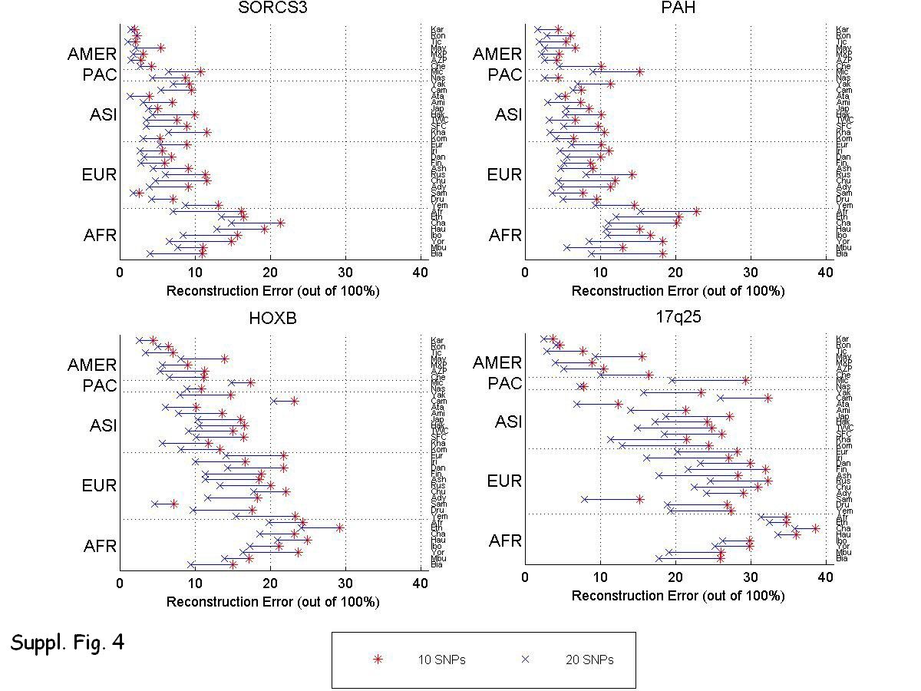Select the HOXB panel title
click(x=270, y=318)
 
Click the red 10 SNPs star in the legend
click(x=377, y=660)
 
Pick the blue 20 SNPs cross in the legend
click(x=526, y=660)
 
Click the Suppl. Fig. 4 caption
click(x=68, y=642)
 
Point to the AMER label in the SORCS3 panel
click(x=92, y=55)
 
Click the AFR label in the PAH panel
click(x=505, y=235)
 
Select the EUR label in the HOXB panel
click(x=99, y=486)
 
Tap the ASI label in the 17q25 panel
click(x=508, y=422)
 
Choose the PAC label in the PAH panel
click(x=505, y=75)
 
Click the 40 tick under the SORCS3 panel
click(x=421, y=272)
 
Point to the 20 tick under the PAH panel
click(x=675, y=272)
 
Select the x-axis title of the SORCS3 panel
click(x=272, y=291)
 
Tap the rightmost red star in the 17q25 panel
click(x=816, y=528)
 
